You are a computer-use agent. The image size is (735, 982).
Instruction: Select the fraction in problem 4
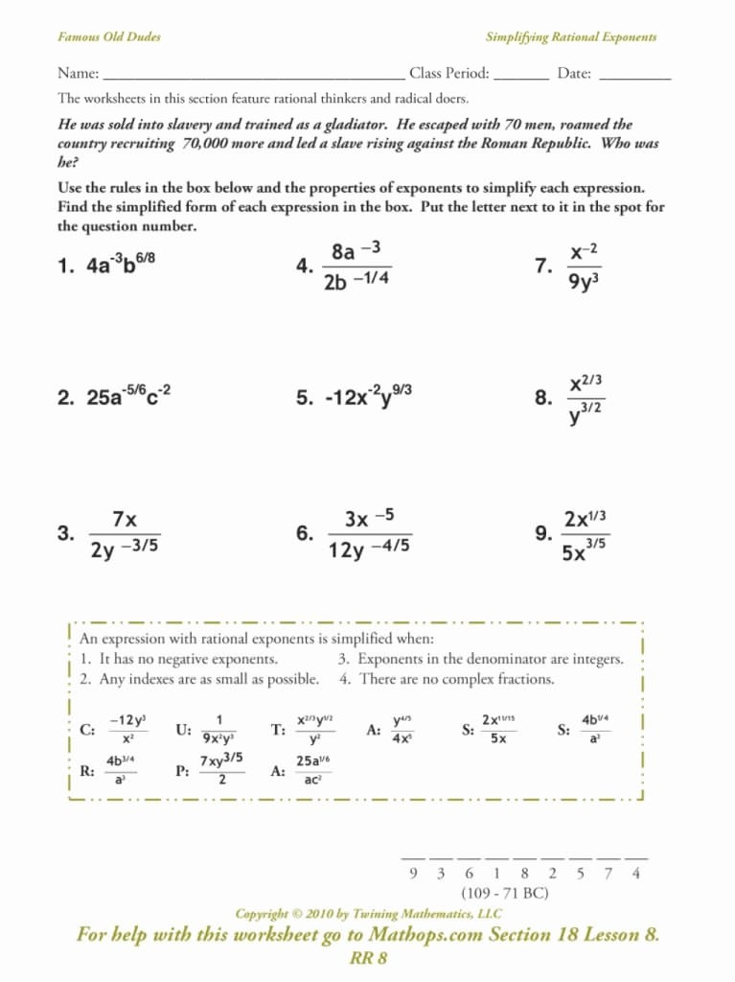coord(356,266)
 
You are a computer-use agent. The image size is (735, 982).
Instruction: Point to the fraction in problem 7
coord(584,267)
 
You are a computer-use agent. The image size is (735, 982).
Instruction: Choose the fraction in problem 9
coord(584,535)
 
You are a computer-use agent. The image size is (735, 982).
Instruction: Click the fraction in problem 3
coord(125,535)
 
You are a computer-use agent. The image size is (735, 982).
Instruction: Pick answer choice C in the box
coord(126,730)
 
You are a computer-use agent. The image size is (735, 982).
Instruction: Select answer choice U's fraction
coord(219,730)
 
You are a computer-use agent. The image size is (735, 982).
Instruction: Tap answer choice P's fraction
coord(220,770)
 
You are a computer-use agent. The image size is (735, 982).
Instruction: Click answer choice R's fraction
coord(121,770)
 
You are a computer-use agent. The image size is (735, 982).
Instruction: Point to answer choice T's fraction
coord(314,730)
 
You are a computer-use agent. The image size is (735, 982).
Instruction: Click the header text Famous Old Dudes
coord(109,37)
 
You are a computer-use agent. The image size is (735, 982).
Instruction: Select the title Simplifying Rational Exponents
coord(571,37)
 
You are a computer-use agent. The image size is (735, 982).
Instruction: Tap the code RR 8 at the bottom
coord(368,957)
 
